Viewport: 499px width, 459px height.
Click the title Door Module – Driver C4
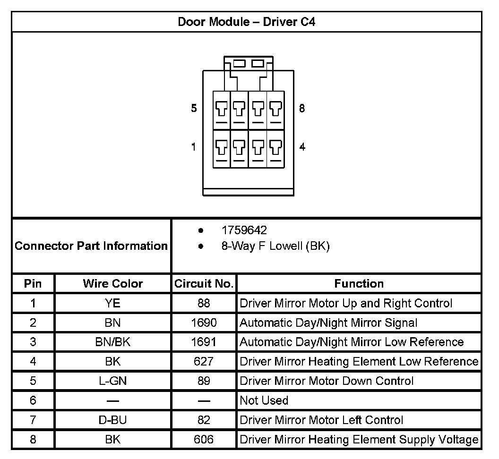[247, 22]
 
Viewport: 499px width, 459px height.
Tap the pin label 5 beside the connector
[194, 109]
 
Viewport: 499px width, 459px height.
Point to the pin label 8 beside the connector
[302, 109]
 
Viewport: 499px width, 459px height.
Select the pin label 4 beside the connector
[302, 146]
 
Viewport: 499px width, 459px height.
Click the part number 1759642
[244, 230]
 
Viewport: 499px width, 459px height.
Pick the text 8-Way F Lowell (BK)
[275, 246]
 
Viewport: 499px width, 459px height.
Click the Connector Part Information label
[91, 246]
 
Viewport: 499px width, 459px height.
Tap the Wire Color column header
[113, 284]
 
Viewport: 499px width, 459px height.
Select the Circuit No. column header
[204, 284]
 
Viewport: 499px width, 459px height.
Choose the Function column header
[359, 284]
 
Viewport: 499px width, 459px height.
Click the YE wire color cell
[113, 303]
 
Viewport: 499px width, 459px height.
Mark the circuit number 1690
[204, 323]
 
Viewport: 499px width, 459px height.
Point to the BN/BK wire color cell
[113, 342]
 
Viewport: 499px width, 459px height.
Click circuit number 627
[204, 362]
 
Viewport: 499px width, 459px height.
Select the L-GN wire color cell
[113, 381]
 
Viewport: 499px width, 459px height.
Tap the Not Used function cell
[264, 400]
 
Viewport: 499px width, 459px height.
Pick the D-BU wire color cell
[113, 420]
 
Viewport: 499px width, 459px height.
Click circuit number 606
[204, 440]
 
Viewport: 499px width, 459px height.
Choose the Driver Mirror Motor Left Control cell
[321, 420]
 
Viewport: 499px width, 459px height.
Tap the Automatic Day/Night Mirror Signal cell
[328, 323]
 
